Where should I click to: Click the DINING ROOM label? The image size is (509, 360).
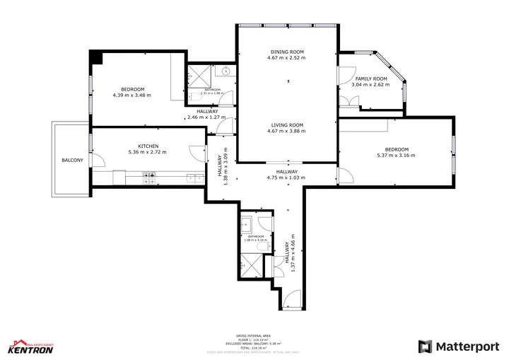tap(286, 52)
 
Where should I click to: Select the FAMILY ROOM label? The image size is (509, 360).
tap(370, 79)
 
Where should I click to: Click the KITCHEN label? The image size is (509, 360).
tap(148, 146)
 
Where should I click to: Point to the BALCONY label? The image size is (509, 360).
tap(72, 161)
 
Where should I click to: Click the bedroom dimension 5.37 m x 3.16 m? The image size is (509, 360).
tap(397, 156)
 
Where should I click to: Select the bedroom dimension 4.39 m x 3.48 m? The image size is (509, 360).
tap(131, 95)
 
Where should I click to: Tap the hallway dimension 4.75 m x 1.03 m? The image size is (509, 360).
tap(286, 178)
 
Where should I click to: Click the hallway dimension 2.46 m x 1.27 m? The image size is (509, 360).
tap(207, 117)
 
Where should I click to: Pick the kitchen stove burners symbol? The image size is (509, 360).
tap(149, 178)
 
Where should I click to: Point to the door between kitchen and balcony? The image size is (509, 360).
tap(100, 161)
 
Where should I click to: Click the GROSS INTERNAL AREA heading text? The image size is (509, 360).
tap(254, 335)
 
